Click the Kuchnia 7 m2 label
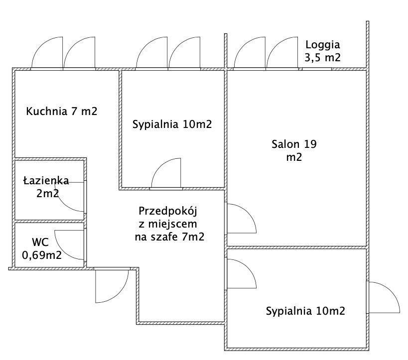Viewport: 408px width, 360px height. [61, 111]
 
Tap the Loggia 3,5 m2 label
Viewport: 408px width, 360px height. [322, 50]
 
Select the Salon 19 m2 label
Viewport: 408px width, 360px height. [294, 151]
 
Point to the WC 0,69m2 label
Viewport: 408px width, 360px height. [41, 249]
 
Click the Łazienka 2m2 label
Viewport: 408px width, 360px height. [46, 187]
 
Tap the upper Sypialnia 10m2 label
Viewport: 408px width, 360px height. [172, 124]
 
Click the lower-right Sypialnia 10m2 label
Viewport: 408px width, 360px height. [305, 312]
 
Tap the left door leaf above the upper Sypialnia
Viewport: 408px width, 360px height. [152, 54]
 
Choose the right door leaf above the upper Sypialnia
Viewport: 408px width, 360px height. [184, 54]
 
